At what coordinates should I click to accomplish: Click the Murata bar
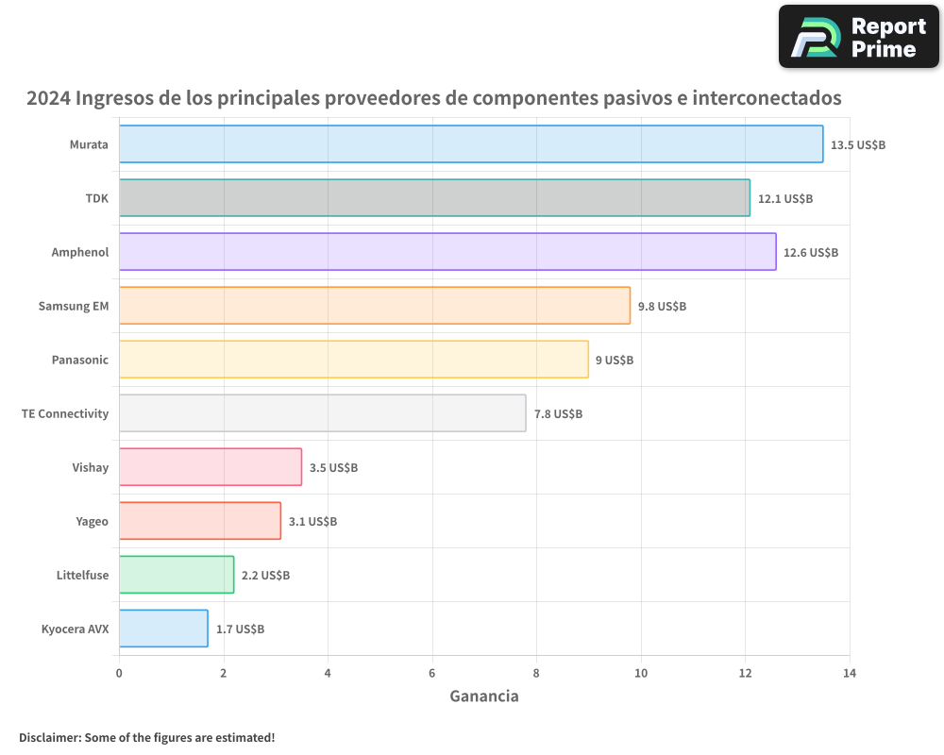[x=471, y=144]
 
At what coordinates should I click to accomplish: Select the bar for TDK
[x=434, y=198]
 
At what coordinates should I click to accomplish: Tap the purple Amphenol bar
[x=447, y=252]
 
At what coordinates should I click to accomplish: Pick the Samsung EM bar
[x=375, y=306]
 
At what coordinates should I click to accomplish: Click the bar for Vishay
[x=211, y=467]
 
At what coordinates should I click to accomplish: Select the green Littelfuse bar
[x=177, y=575]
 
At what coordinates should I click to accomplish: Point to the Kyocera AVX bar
[x=163, y=629]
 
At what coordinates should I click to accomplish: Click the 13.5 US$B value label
[x=858, y=145]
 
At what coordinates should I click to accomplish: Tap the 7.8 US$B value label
[x=558, y=414]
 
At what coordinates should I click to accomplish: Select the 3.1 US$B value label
[x=312, y=522]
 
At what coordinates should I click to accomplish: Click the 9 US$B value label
[x=615, y=361]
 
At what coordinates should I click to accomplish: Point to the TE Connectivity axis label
[x=65, y=413]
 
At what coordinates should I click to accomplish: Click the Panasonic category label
[x=79, y=360]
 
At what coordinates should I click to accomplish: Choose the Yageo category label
[x=92, y=521]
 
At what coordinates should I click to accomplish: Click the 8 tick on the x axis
[x=536, y=673]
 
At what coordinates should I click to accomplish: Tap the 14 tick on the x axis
[x=849, y=673]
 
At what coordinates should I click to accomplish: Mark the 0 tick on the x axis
[x=119, y=673]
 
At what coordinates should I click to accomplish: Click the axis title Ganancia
[x=483, y=696]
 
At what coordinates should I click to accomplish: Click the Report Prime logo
[x=859, y=37]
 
